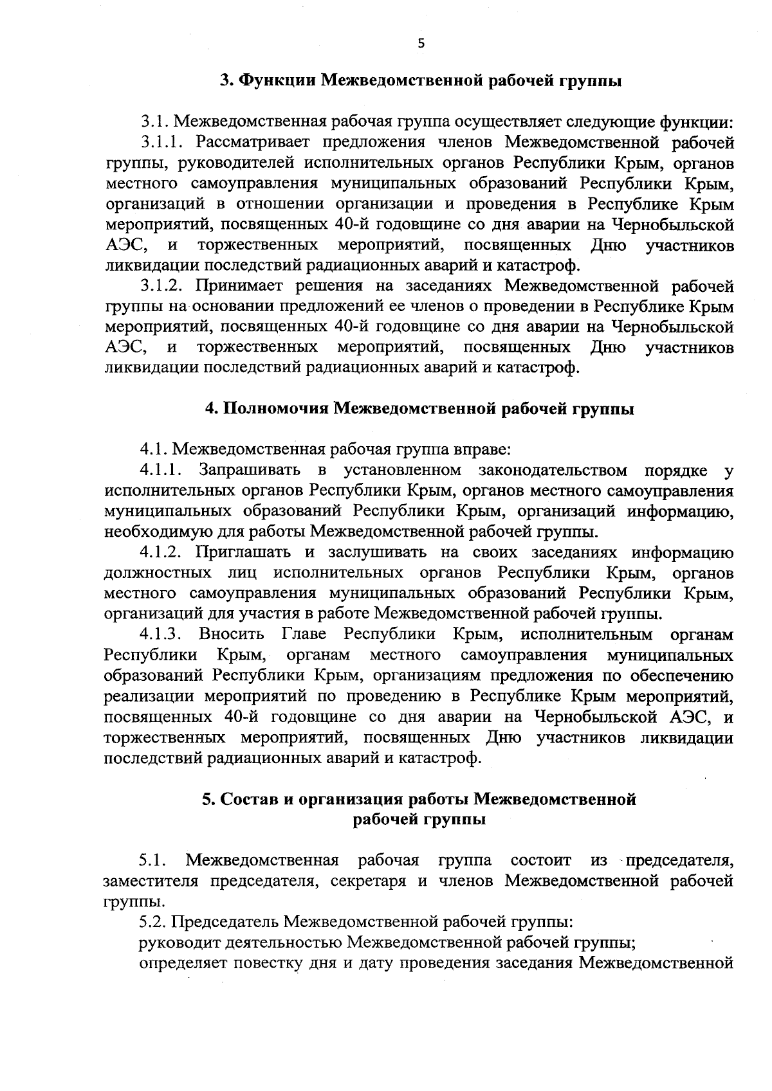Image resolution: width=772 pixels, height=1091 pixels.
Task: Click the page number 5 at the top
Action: click(421, 44)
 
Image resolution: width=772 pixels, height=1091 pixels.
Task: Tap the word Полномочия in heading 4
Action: click(275, 409)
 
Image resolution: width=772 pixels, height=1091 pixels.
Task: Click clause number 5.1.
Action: click(154, 860)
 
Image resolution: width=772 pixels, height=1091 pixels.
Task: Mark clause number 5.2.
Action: click(154, 922)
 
